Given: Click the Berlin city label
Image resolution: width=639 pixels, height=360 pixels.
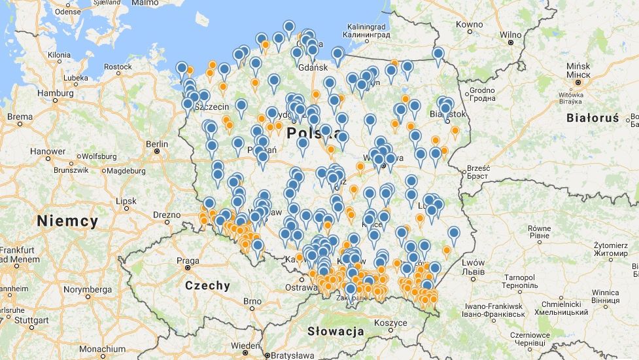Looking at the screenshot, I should point(157,144).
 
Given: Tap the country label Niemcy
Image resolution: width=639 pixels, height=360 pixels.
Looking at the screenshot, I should point(67,221).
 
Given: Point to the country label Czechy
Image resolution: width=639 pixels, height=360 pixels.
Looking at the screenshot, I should point(207,285).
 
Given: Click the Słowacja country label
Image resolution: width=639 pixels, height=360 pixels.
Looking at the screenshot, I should point(336,331).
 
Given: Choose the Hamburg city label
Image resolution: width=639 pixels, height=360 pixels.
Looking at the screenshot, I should point(56,93).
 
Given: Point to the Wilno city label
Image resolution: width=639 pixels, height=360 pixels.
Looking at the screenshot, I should point(511,35).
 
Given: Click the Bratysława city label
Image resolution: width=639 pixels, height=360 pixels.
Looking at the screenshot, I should point(294,355).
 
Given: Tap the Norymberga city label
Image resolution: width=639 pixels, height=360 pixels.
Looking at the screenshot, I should point(87,289).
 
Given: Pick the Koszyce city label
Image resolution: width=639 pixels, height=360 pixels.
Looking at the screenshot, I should point(391,322).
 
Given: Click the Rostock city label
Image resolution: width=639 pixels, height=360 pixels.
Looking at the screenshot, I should point(118,67).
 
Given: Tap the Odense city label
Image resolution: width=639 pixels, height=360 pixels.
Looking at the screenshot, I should point(68,12).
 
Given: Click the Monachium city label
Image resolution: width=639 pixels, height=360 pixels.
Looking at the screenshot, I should point(103,349).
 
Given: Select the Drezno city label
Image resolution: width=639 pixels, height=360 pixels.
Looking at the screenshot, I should point(166,215).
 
